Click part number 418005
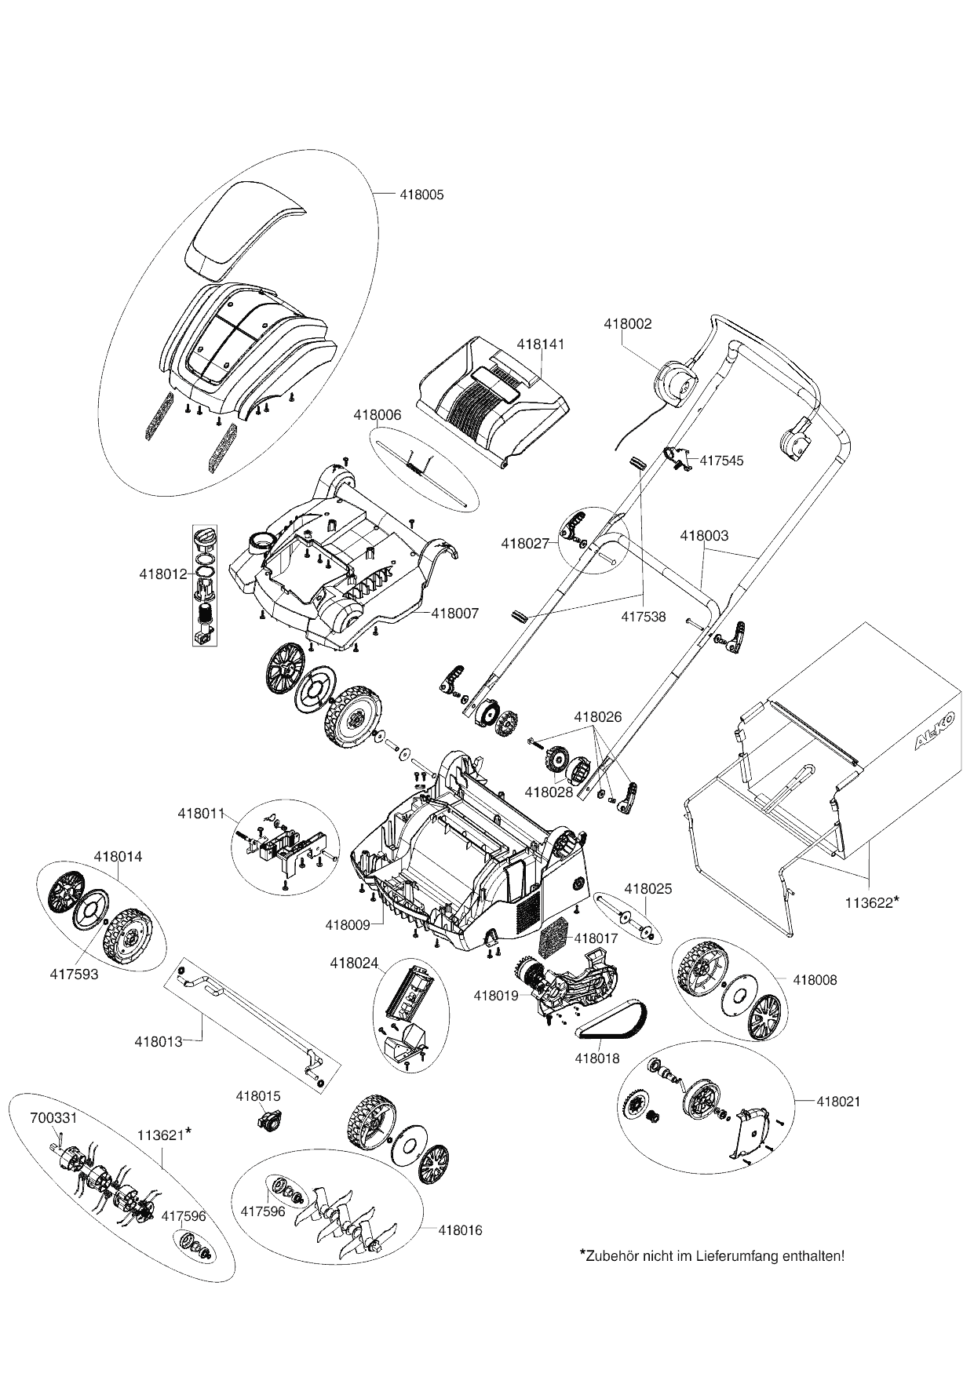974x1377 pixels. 421,195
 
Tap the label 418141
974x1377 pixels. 540,344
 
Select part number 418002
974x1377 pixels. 627,323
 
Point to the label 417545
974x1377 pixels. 720,461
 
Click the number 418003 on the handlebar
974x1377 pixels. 703,536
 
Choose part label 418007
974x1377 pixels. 454,613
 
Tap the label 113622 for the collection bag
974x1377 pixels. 869,902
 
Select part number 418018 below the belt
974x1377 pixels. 597,1058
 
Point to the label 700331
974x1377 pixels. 53,1118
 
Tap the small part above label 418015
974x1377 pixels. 268,1120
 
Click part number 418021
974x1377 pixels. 838,1102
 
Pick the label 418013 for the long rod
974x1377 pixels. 159,1042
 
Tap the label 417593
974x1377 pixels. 74,975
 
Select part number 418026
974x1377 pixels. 597,717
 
